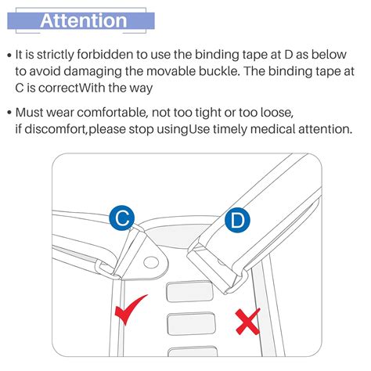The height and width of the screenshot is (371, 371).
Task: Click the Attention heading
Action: pyautogui.click(x=84, y=20)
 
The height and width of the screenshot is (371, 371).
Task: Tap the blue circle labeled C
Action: pyautogui.click(x=122, y=218)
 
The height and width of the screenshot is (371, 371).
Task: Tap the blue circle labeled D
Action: pyautogui.click(x=237, y=220)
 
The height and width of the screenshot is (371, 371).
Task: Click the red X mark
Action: pyautogui.click(x=247, y=322)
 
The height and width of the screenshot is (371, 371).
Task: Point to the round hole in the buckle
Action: pyautogui.click(x=151, y=262)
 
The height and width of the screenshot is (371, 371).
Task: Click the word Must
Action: pyautogui.click(x=29, y=113)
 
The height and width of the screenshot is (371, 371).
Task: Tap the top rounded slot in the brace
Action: pyautogui.click(x=189, y=291)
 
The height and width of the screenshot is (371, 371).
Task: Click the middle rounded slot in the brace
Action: pyautogui.click(x=191, y=323)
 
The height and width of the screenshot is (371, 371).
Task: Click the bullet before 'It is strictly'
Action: pyautogui.click(x=9, y=56)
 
